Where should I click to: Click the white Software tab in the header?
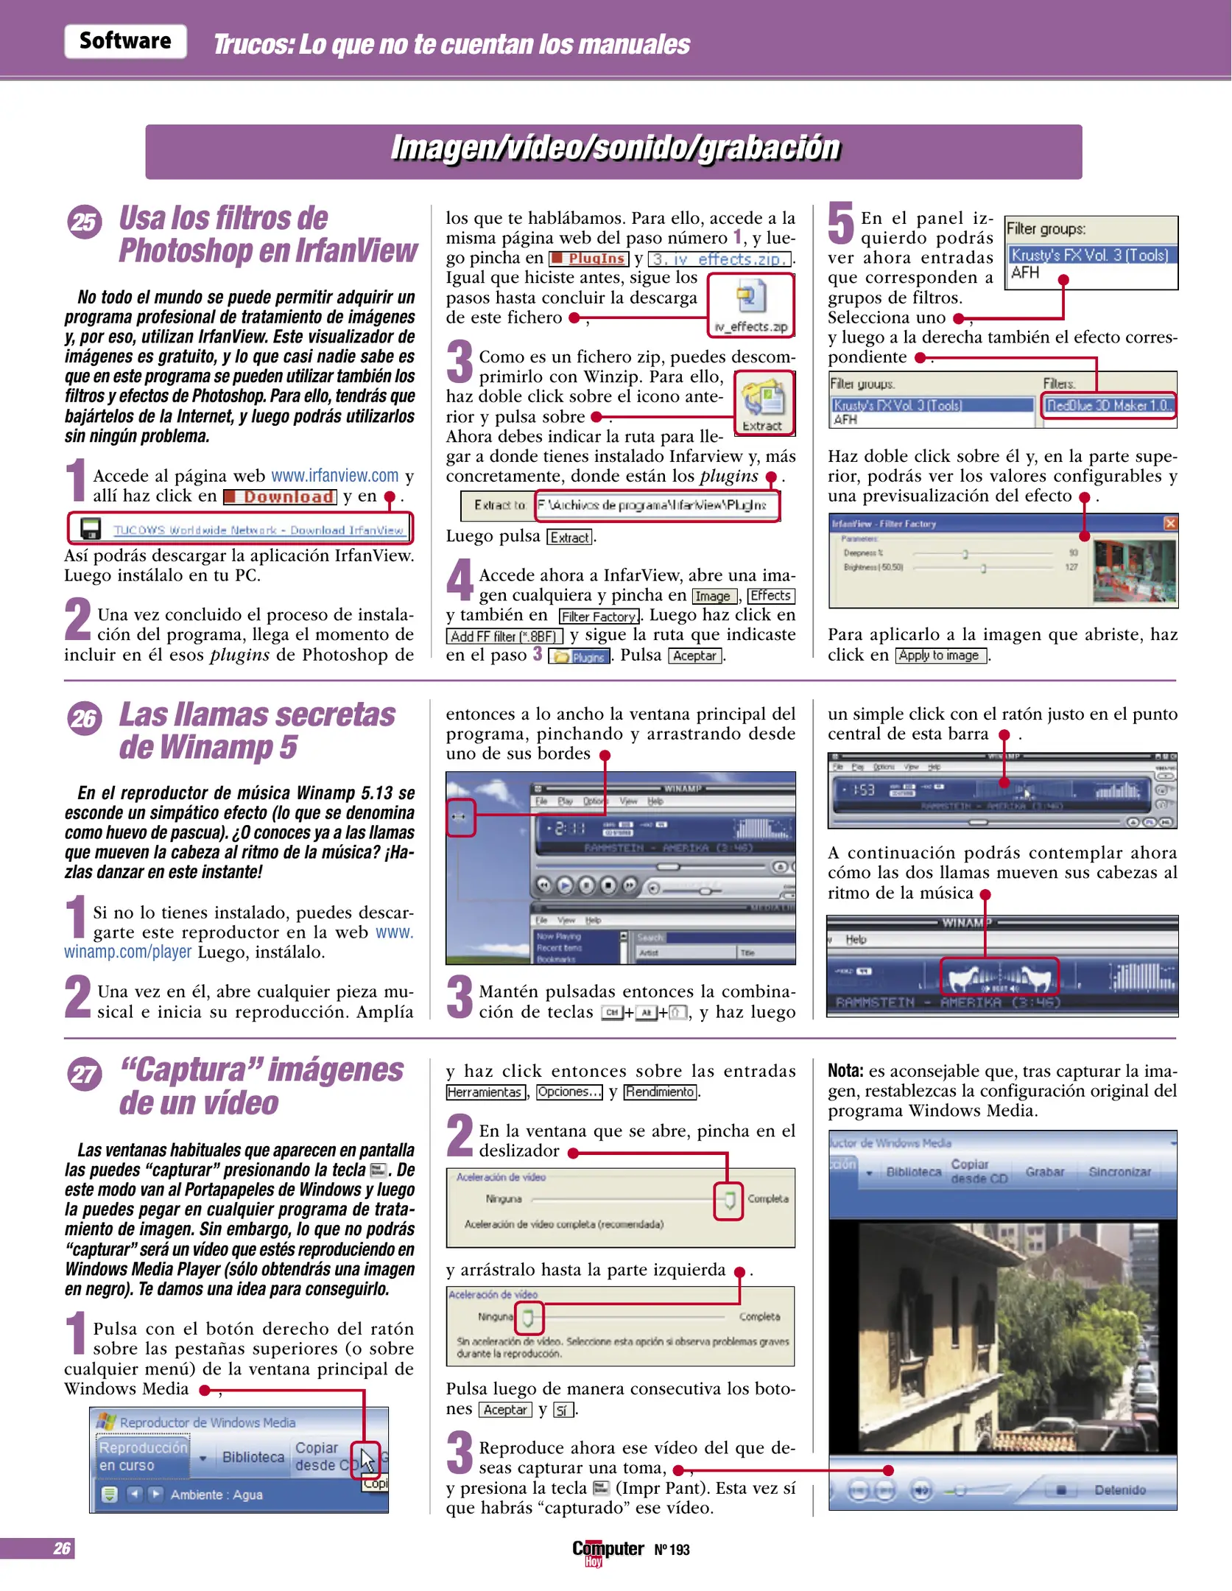coord(125,41)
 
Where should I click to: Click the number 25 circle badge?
coord(84,222)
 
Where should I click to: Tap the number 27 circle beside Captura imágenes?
coord(84,1074)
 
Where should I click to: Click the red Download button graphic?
coord(281,497)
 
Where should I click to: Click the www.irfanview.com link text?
coord(334,476)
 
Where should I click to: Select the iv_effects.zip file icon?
coord(750,298)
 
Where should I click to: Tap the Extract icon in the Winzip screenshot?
coord(764,402)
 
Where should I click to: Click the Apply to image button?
coord(940,656)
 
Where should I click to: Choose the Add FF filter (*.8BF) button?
coord(504,636)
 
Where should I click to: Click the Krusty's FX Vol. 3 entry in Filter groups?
coord(1090,256)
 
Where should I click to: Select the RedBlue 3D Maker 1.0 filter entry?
coord(1108,406)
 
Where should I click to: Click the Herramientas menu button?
coord(485,1092)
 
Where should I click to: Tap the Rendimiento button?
coord(661,1092)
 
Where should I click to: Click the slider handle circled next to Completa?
coord(728,1201)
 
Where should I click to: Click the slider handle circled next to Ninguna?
coord(528,1318)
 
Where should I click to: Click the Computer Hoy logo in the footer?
coord(608,1550)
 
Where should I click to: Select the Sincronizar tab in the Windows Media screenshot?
coord(1119,1172)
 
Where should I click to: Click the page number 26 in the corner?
coord(62,1548)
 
